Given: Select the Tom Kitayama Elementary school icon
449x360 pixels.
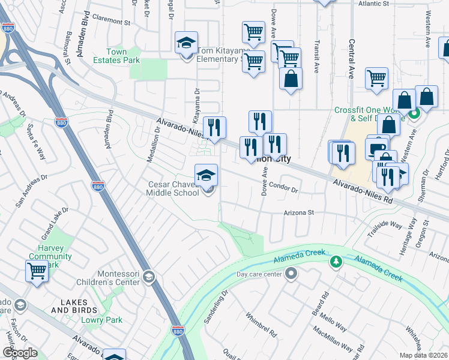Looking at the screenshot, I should point(187,43).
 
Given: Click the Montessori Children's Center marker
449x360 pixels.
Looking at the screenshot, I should point(149,277).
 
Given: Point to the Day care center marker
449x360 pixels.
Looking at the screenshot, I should point(292,274).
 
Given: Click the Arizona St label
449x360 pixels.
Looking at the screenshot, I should point(299,212).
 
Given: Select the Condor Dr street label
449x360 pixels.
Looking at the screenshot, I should point(283,187).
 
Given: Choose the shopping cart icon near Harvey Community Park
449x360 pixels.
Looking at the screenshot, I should point(37,271).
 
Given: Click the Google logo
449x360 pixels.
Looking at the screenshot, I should point(20,353).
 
